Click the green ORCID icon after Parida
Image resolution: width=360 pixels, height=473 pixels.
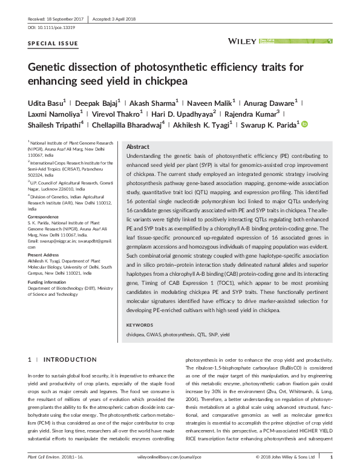[304, 125]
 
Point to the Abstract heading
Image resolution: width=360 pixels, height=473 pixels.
[137, 147]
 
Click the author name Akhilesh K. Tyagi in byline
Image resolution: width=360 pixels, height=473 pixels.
[221, 125]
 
